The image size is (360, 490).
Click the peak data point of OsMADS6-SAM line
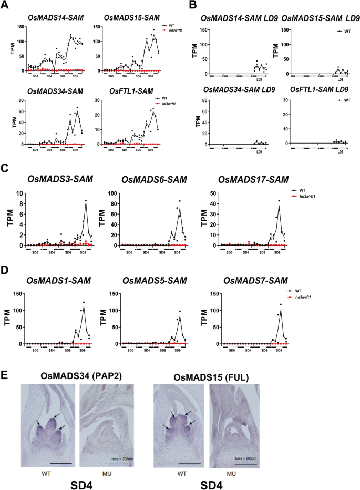pos(179,201)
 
